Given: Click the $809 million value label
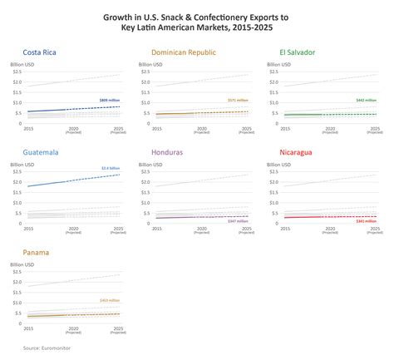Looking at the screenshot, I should [x=110, y=99].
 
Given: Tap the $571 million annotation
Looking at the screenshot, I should [x=238, y=100].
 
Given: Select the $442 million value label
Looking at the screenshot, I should [x=367, y=100].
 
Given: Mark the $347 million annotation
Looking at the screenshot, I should [x=237, y=221].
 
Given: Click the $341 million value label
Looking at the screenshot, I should [x=367, y=221].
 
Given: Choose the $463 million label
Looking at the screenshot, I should [x=110, y=300].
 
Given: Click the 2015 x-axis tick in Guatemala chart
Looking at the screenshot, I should [x=28, y=227].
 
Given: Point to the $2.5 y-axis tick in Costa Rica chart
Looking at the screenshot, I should [x=17, y=72].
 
